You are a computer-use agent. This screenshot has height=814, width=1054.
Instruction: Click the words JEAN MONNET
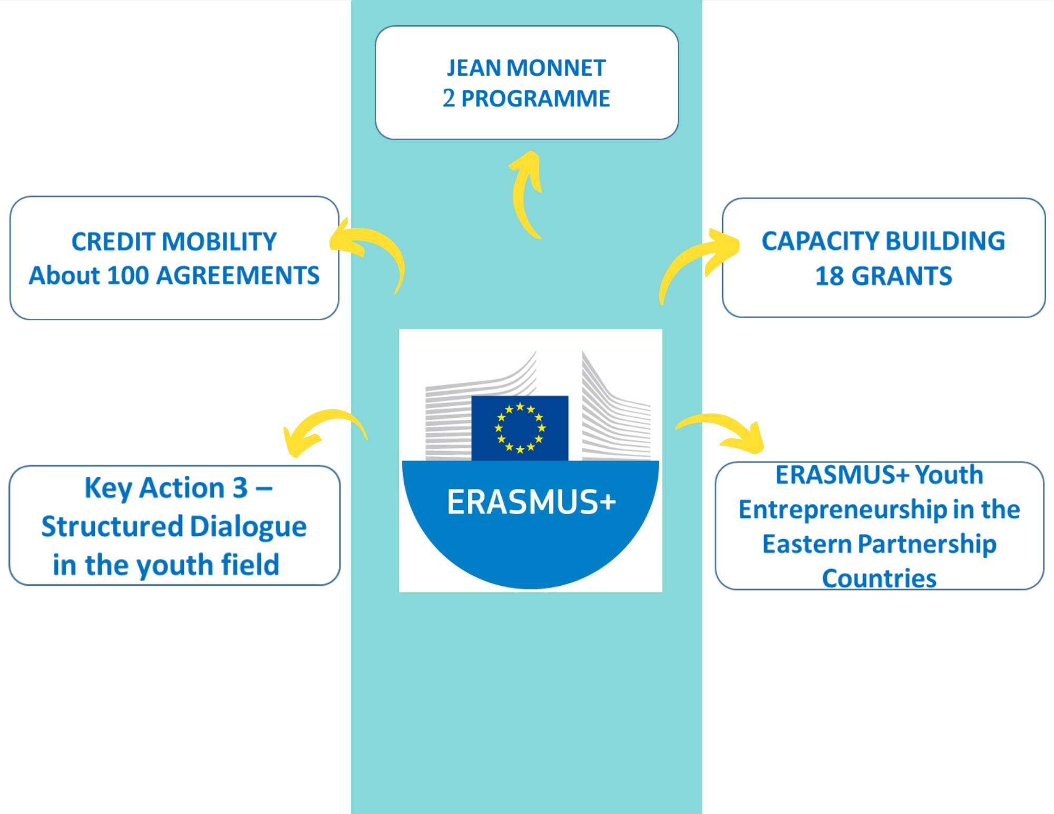click(526, 68)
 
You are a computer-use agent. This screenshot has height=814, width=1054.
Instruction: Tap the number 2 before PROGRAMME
click(448, 99)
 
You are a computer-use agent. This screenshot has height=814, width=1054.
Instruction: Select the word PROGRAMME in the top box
click(535, 99)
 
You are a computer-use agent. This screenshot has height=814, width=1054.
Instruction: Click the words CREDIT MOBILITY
click(174, 242)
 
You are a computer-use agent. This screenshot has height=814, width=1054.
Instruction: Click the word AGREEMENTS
click(238, 276)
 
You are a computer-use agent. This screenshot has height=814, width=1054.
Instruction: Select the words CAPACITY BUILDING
click(883, 241)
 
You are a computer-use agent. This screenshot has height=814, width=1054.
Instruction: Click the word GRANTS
click(902, 276)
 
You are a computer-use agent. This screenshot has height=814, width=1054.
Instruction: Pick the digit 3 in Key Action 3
click(240, 487)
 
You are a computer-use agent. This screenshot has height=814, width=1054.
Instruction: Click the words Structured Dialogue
click(174, 526)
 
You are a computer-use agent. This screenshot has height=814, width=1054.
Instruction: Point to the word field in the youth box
click(250, 565)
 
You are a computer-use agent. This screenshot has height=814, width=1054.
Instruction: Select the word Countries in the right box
click(879, 578)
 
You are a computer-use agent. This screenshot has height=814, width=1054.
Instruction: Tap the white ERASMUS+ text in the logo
click(531, 502)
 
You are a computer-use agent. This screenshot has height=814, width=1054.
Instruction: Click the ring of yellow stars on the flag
click(520, 427)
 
